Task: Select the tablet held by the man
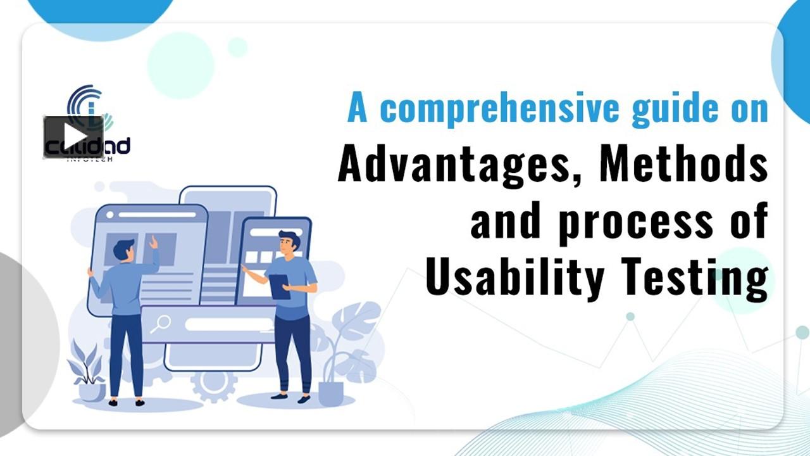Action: [x=279, y=286]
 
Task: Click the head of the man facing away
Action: [x=125, y=249]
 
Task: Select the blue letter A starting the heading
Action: [x=358, y=109]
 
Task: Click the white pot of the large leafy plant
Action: [x=330, y=393]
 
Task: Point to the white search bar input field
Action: [x=228, y=324]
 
